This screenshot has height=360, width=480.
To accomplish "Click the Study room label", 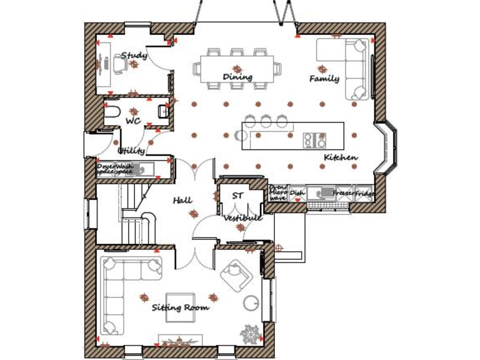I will (134, 56).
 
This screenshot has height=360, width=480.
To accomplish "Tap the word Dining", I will (237, 77).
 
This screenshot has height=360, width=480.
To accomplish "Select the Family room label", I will (324, 79).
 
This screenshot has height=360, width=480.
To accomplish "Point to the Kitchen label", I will (341, 157).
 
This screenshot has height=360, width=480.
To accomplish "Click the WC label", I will (132, 119).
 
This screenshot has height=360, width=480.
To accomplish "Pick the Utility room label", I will (131, 151).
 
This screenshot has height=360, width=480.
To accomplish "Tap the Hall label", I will (182, 201).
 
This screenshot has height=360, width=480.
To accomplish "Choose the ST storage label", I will (237, 196).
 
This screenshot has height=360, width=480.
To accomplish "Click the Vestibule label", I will (243, 218).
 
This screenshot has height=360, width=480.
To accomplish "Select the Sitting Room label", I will (180, 307).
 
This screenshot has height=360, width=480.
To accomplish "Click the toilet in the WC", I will (112, 113).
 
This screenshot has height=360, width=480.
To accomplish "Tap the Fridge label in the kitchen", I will (366, 194).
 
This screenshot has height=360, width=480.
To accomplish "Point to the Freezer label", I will (344, 194).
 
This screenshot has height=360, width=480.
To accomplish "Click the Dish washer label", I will (297, 193).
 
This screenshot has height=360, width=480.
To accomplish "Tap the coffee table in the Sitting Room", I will (181, 306).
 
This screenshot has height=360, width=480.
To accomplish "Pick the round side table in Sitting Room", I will (251, 302).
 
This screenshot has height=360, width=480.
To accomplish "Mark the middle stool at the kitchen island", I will (266, 120).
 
